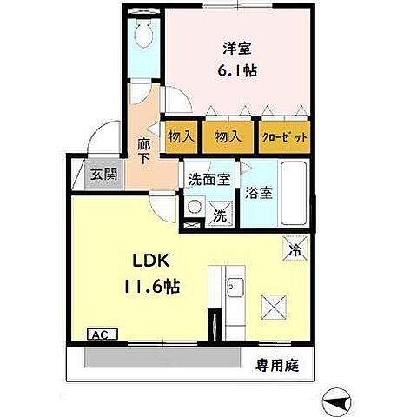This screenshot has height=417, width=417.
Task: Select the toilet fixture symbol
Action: click(144, 36)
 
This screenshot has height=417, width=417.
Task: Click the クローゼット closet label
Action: click(285, 137)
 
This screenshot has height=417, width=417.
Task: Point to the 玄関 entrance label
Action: click(103, 174)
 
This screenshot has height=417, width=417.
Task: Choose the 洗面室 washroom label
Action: click(209, 180)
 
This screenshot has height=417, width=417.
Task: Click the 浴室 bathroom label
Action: click(259, 193)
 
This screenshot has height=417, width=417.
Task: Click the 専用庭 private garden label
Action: click(276, 366)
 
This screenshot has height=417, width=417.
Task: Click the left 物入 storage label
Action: click(181, 137)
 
